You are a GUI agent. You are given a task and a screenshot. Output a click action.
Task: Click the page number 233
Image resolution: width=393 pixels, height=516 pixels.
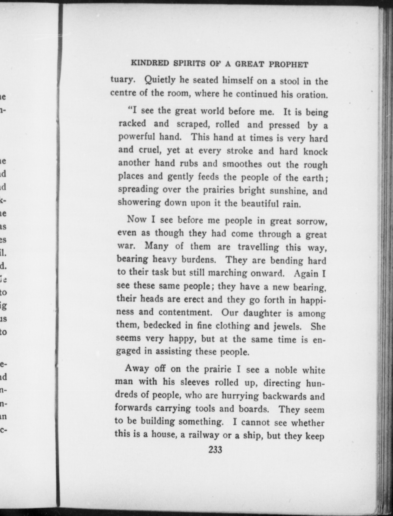[215, 449]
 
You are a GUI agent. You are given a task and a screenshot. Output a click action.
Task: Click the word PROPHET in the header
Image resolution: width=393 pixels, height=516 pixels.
[289, 64]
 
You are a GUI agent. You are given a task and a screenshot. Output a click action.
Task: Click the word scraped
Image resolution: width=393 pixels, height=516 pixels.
[193, 124]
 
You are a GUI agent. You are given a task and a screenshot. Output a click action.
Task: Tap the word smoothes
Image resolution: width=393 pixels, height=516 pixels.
[242, 164]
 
